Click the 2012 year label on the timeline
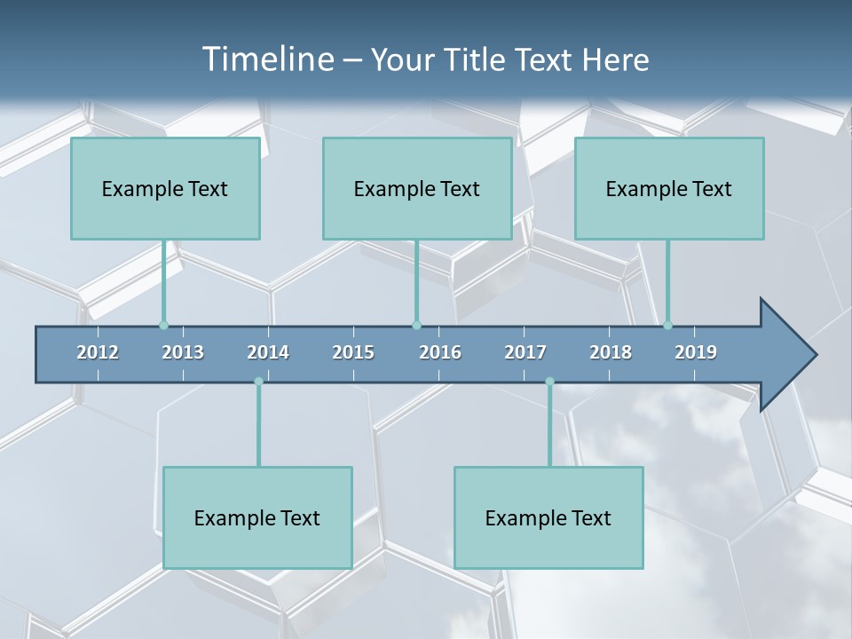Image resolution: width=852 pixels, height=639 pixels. coord(98,352)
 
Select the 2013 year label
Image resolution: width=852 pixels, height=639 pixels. coord(183,352)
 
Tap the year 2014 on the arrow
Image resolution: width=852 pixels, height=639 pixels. coord(268,352)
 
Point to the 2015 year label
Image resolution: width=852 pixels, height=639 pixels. coord(353,352)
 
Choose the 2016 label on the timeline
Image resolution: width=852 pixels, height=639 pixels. coord(440,352)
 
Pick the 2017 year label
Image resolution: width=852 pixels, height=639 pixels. coord(525,352)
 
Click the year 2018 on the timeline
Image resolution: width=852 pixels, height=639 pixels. coord(611,352)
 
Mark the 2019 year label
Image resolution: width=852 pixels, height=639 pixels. coord(696,352)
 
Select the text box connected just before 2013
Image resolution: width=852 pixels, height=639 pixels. coord(165,188)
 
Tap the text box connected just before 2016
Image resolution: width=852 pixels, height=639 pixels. coord(417,188)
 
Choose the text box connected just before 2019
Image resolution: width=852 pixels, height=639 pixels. coord(669,188)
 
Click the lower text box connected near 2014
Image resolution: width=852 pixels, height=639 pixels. coord(257,517)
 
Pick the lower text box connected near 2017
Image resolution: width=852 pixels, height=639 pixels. coord(548,517)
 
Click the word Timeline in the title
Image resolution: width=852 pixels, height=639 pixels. coord(267,59)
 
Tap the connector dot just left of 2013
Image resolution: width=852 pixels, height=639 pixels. coord(163,325)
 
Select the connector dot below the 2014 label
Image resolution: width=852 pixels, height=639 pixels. coord(258,382)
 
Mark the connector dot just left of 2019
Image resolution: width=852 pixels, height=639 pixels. coord(667,325)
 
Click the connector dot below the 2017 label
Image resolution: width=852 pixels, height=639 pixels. coord(549,382)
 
